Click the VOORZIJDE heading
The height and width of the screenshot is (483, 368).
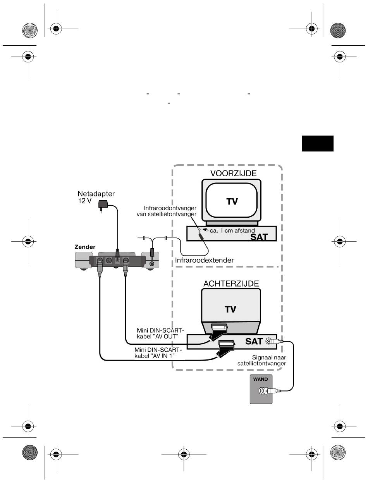233,173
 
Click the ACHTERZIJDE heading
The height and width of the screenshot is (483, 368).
231,284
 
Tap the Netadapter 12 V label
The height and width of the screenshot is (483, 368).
96,197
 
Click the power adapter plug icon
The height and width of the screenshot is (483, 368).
103,205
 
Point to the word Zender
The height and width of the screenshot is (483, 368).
85,247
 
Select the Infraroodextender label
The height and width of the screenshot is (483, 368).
205,260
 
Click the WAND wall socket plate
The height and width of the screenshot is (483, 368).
261,389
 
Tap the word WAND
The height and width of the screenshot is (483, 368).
260,379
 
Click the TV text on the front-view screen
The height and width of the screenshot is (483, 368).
232,201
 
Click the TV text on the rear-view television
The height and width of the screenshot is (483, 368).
230,309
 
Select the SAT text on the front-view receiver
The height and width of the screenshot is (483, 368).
259,237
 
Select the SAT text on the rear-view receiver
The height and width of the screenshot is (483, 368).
254,341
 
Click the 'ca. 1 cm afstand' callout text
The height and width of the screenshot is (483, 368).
232,230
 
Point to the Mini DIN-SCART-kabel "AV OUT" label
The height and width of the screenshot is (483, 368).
160,333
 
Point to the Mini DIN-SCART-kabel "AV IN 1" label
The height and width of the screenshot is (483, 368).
158,353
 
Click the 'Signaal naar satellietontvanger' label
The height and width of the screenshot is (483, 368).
262,361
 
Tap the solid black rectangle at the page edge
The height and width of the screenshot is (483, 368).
317,143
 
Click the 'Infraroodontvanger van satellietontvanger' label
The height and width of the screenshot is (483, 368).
167,211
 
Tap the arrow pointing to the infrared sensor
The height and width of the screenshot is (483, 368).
205,230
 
